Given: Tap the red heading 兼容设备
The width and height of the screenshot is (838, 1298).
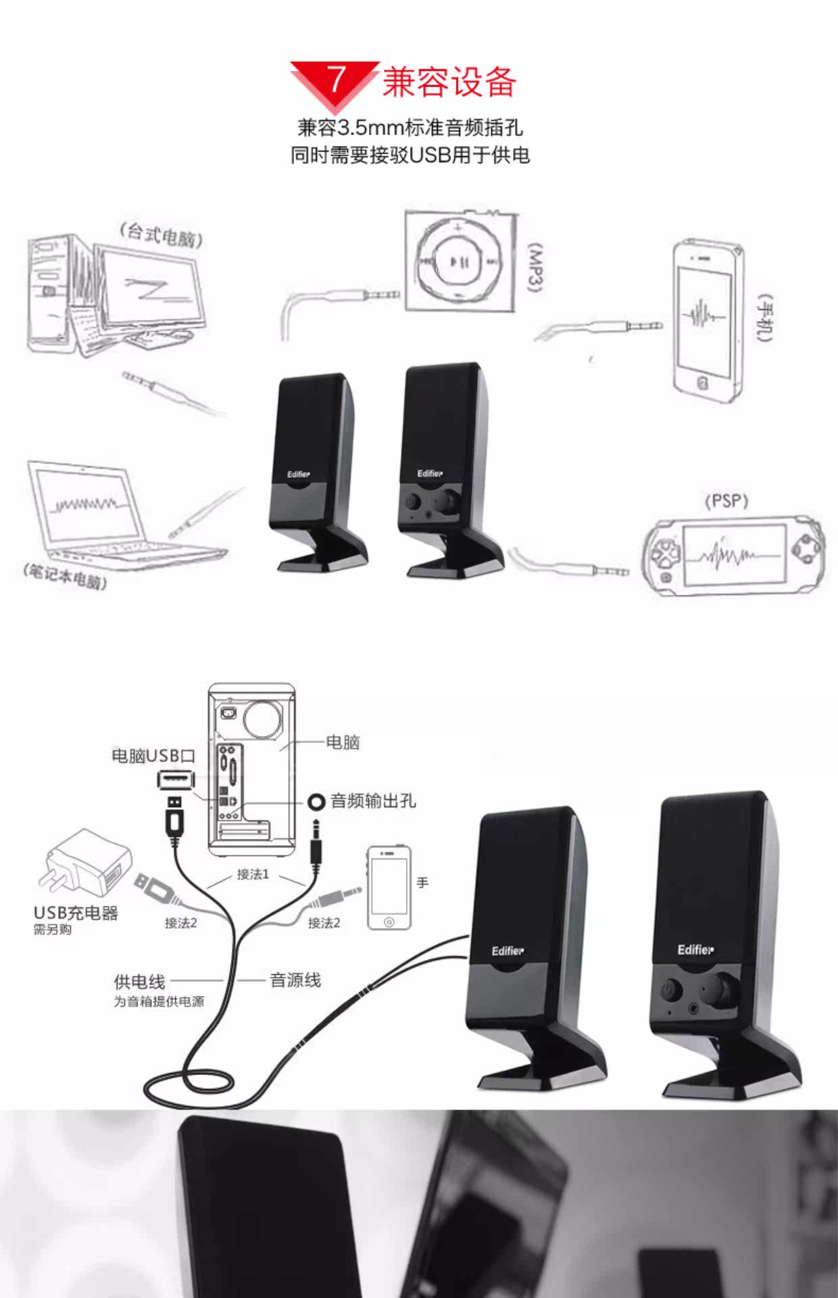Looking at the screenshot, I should pos(449,82).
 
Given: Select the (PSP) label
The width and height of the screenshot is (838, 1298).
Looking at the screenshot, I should pos(726,501).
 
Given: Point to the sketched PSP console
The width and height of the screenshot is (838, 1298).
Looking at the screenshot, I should pos(733,556).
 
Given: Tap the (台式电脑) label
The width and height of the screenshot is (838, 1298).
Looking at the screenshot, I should pos(161,235).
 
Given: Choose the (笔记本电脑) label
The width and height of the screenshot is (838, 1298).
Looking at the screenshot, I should pos(66,577).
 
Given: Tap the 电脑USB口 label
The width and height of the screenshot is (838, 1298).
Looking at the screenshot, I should pos(153,756).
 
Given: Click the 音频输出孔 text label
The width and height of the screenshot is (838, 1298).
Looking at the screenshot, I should pos(373,801).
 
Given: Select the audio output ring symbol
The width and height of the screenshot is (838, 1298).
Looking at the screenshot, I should pos(316,802).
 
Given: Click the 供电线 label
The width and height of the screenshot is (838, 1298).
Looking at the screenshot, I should pos(139,982).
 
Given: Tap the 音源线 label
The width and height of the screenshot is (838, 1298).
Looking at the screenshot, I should pos(295,980).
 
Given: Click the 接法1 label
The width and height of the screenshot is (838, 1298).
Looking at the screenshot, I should pos(253,874).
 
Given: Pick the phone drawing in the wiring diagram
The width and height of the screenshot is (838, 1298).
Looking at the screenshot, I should pos(389,887).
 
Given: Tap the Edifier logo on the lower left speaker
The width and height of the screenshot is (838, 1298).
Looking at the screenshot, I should pos(507,951).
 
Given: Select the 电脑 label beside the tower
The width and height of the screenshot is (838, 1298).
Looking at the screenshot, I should pos(343,742).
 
